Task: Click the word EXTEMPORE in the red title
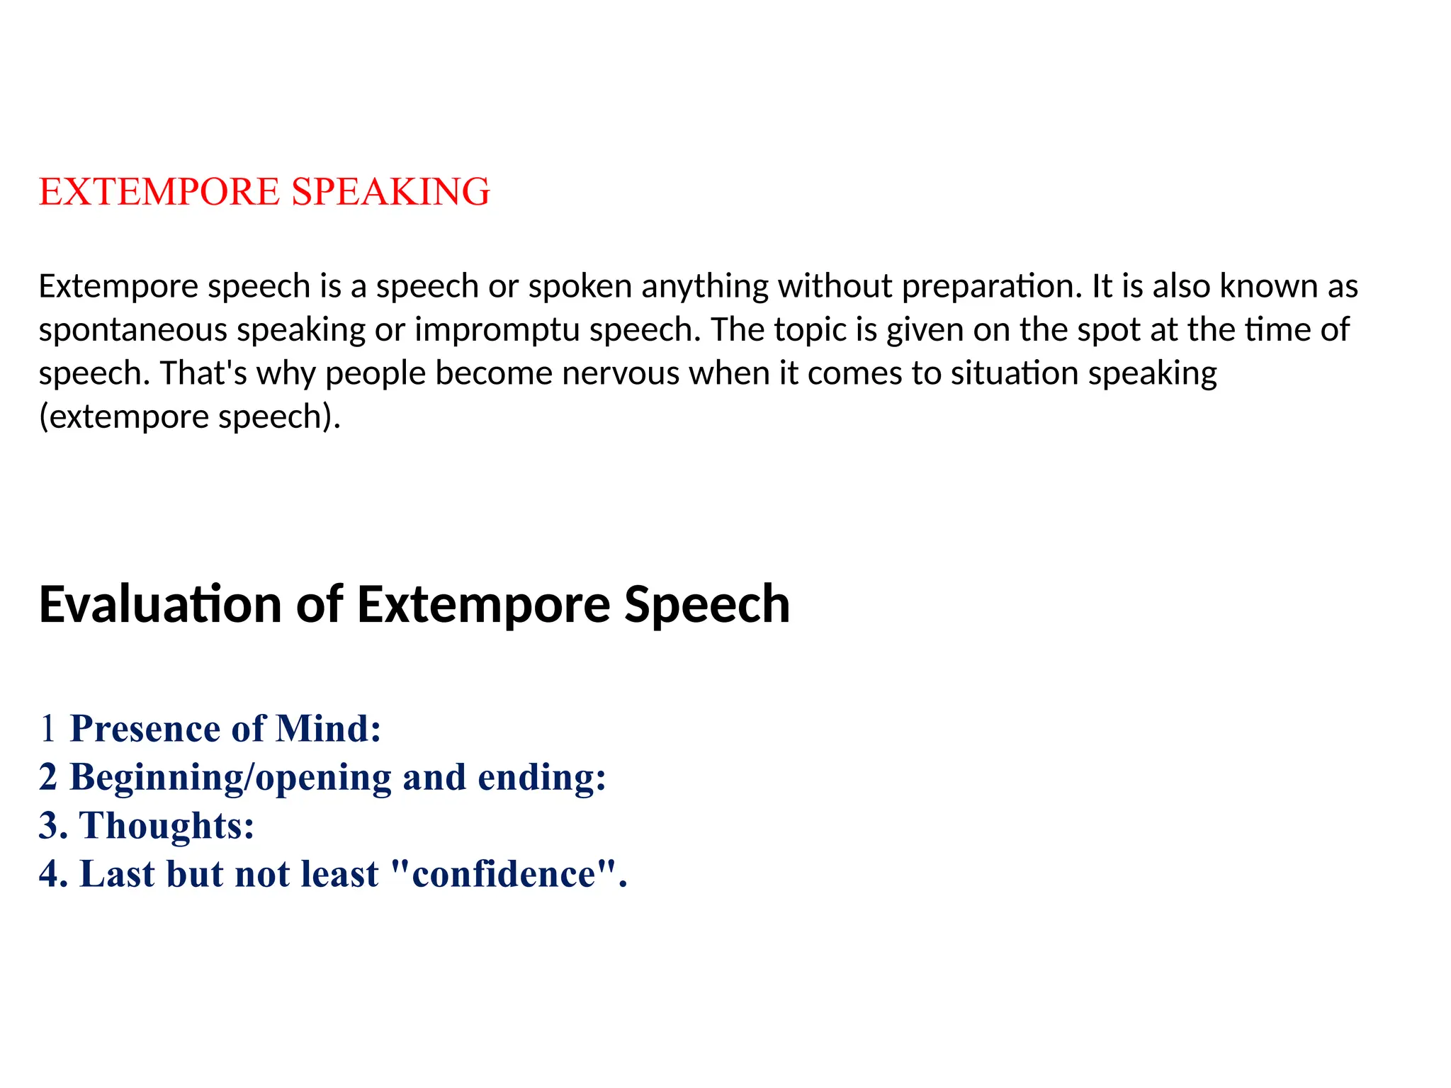159,192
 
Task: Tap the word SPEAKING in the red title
390,192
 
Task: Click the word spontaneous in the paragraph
132,330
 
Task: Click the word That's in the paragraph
203,373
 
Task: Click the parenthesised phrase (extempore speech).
189,416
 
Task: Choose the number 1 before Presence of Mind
47,729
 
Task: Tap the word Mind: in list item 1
328,729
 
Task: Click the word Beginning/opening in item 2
230,778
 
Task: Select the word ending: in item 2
542,778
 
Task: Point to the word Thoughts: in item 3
166,826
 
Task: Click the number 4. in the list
53,874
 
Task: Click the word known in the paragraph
1259,287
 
